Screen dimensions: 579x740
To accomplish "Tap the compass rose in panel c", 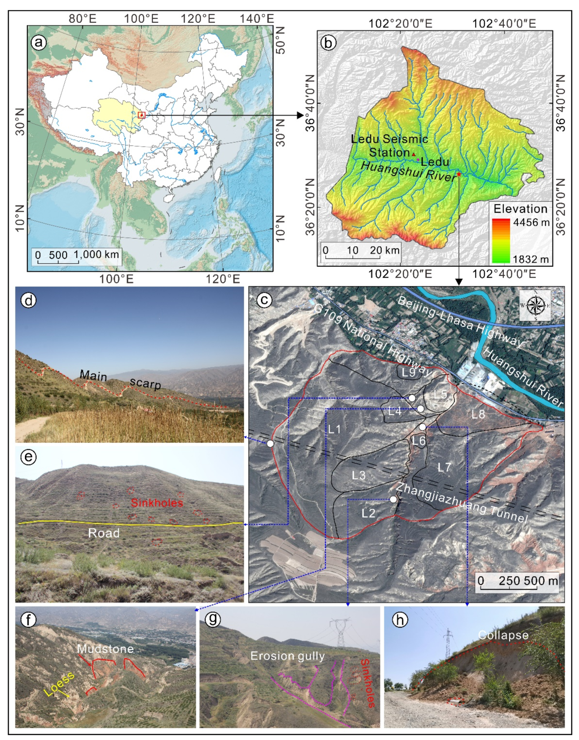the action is [x=535, y=305].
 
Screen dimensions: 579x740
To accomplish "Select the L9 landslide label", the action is [x=409, y=373].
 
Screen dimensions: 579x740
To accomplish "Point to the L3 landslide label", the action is [x=359, y=476].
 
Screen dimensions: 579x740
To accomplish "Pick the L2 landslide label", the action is [x=369, y=513].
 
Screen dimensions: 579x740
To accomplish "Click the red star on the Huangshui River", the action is [x=459, y=174].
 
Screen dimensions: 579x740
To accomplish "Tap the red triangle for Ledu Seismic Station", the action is [x=414, y=155].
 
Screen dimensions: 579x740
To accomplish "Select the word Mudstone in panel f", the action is [x=105, y=649].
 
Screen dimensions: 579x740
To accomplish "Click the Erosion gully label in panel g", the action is [x=287, y=656].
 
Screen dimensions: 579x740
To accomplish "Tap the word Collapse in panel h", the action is [x=503, y=635].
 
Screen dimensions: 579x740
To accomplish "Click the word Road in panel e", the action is [x=104, y=533].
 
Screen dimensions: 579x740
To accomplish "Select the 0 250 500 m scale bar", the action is [x=516, y=582].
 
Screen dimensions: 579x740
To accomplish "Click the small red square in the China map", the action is [x=141, y=115].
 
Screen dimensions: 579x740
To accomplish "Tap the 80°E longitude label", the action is [x=83, y=19].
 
